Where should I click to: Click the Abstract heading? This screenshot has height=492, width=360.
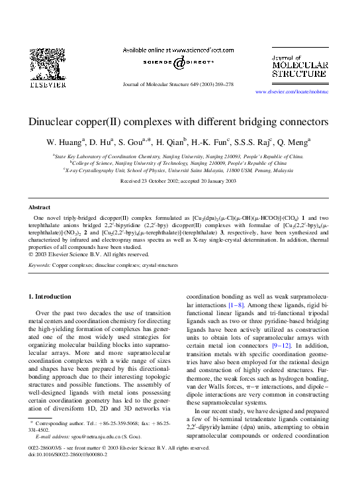click(x=40, y=207)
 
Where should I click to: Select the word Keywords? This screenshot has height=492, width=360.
click(x=40, y=265)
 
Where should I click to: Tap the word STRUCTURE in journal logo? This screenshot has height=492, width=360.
click(x=299, y=75)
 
